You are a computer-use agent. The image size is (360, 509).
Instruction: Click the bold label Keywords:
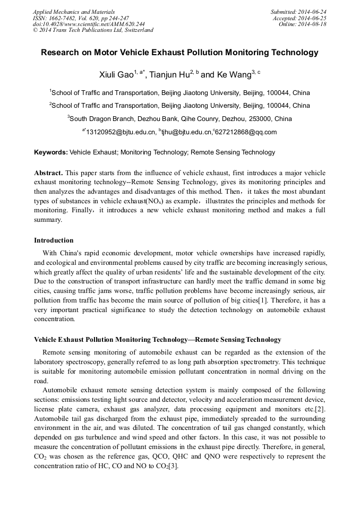tap(51, 152)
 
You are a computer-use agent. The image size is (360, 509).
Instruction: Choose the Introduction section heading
tap(54, 240)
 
